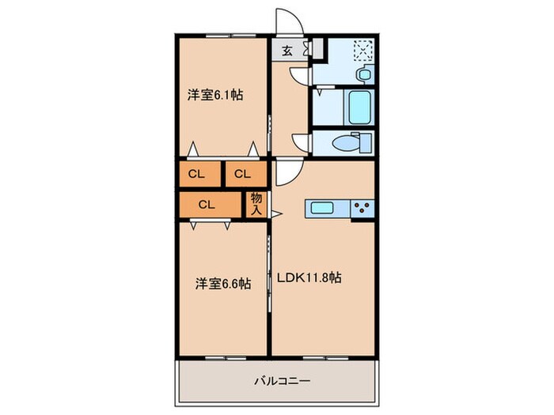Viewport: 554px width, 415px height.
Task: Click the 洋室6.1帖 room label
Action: (x=214, y=95)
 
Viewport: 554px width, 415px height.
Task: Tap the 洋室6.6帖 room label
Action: (x=223, y=283)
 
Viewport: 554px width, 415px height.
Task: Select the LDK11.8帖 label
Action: (x=309, y=278)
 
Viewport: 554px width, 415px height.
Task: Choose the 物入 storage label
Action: (x=256, y=204)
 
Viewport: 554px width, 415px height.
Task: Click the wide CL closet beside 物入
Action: (x=207, y=204)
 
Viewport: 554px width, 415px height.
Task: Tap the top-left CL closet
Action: (x=198, y=174)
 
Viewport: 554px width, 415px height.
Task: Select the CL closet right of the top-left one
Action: (x=242, y=174)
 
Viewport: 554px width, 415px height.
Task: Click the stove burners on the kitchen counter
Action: (x=363, y=209)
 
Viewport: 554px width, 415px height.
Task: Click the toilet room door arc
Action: (x=301, y=142)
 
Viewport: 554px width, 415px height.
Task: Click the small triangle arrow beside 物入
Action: (x=276, y=213)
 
